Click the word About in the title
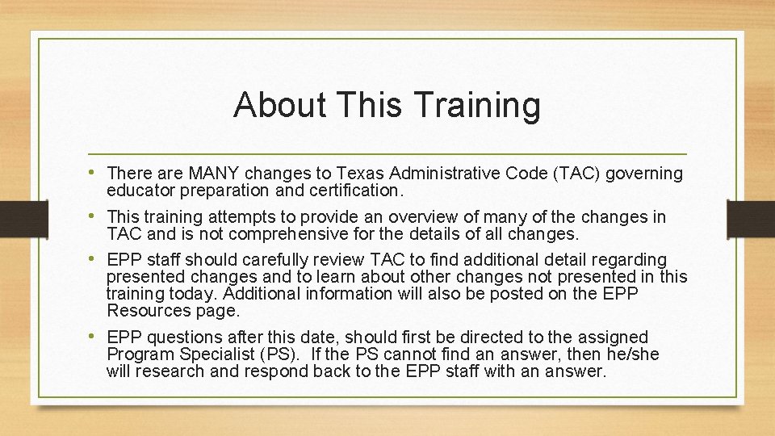click(x=279, y=105)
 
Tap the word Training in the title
click(x=475, y=107)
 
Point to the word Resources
click(x=143, y=311)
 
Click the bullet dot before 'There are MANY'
click(x=96, y=173)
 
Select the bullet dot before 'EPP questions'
click(x=96, y=336)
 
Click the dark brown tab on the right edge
click(x=751, y=218)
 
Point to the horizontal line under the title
click(x=387, y=153)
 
